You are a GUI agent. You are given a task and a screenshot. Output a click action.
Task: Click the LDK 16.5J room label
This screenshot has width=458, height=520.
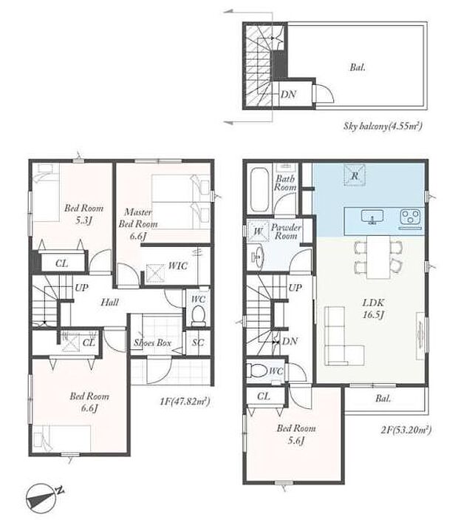pyautogui.click(x=373, y=308)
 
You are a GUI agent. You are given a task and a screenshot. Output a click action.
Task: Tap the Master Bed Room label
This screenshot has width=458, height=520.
pyautogui.click(x=138, y=218)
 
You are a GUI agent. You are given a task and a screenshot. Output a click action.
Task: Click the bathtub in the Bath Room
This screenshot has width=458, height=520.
pyautogui.click(x=261, y=189)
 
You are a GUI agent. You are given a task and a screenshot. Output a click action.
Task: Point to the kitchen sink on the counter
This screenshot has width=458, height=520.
pyautogui.click(x=372, y=217)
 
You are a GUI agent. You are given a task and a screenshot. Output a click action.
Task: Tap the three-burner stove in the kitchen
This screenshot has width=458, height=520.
pyautogui.click(x=411, y=217)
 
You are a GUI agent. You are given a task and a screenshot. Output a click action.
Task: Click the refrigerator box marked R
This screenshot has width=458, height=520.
pyautogui.click(x=355, y=175)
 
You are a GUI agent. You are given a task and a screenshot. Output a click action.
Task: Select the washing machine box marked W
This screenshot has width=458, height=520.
pyautogui.click(x=259, y=230)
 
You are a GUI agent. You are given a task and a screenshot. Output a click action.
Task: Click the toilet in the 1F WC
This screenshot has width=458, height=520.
pyautogui.click(x=199, y=314)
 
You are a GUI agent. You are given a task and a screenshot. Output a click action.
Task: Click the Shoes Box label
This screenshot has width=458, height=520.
pyautogui.click(x=152, y=342)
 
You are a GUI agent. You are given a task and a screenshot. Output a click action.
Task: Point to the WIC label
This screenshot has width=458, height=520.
pyautogui.click(x=178, y=266)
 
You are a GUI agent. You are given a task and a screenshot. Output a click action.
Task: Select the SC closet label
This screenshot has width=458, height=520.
pyautogui.click(x=198, y=342)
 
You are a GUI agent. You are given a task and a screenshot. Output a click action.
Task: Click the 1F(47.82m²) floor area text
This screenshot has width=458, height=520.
pyautogui.click(x=185, y=402)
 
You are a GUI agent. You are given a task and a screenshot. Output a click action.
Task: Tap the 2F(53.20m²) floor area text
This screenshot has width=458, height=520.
pyautogui.click(x=406, y=430)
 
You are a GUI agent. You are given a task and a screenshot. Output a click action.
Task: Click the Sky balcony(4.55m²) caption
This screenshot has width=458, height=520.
pyautogui.click(x=383, y=126)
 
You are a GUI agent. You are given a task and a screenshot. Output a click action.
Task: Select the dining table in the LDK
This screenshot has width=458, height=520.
pyautogui.click(x=378, y=257)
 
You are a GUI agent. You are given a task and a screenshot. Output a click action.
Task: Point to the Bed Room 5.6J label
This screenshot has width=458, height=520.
pyautogui.click(x=296, y=434)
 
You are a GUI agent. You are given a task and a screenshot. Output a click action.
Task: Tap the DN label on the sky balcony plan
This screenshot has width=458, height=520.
pyautogui.click(x=288, y=95)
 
